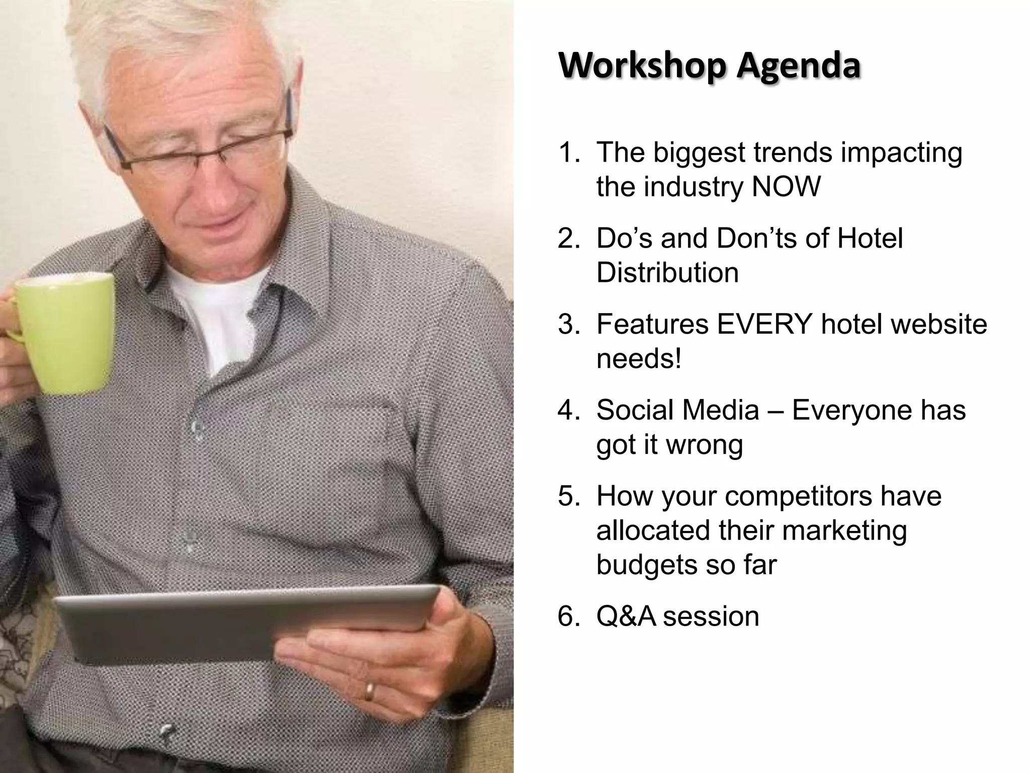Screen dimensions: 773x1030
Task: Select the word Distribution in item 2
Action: (x=667, y=273)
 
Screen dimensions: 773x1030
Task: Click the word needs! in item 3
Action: (x=639, y=359)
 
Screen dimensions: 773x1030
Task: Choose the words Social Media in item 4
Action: (x=677, y=410)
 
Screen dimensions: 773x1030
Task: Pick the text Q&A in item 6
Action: (x=626, y=616)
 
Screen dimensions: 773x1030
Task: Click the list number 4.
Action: (x=569, y=410)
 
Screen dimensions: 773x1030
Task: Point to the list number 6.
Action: (x=569, y=616)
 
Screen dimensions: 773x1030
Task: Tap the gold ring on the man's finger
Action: (x=369, y=691)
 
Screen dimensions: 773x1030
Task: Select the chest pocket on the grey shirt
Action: (x=327, y=453)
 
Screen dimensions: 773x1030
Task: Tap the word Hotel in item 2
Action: (x=870, y=239)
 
